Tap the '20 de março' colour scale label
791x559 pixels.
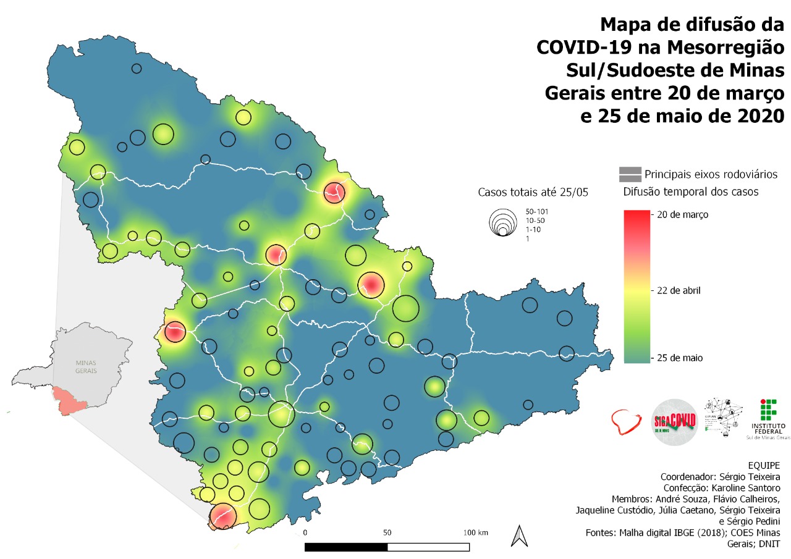pyautogui.click(x=683, y=215)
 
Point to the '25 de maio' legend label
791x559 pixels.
pyautogui.click(x=681, y=358)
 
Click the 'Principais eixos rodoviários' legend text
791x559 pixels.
pyautogui.click(x=711, y=174)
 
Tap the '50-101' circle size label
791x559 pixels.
pyautogui.click(x=537, y=212)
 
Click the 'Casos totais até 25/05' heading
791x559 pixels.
pyautogui.click(x=533, y=192)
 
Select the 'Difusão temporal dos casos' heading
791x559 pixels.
pyautogui.click(x=690, y=192)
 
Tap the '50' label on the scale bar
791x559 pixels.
pyautogui.click(x=387, y=532)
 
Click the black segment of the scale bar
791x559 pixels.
pyautogui.click(x=346, y=547)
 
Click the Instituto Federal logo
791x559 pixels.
pyautogui.click(x=768, y=418)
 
